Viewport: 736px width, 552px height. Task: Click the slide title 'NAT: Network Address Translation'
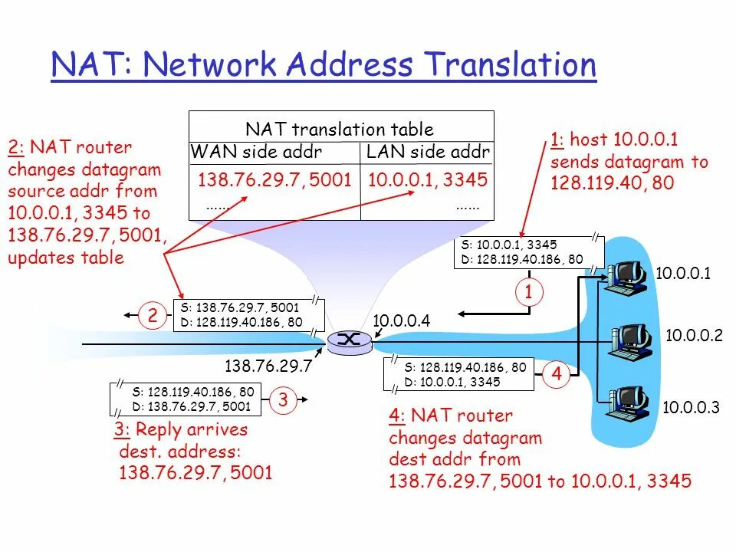324,65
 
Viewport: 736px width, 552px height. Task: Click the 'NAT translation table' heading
339,130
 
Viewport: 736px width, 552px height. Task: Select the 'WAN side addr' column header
256,153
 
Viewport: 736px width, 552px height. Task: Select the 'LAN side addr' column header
428,153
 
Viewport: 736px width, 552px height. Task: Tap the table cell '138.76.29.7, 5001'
274,180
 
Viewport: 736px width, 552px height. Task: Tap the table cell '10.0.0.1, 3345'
428,180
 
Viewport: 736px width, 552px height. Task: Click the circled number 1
528,292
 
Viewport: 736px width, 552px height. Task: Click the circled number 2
153,314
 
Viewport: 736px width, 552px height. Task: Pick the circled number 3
283,399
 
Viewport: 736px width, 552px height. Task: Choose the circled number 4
557,375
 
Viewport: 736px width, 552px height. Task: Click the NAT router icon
349,342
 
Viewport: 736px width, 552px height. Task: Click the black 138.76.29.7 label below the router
268,366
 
